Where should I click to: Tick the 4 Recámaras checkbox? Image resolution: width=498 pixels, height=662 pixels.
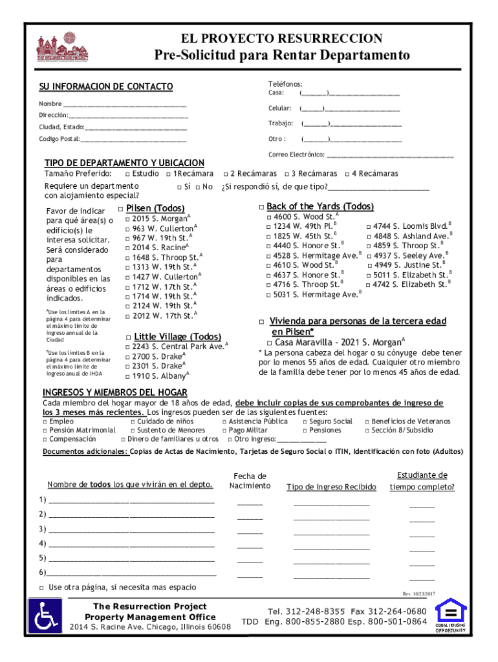347,174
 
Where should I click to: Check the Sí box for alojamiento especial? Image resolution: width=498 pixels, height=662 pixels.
179,187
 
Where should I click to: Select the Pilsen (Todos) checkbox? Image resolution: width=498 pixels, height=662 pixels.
121,208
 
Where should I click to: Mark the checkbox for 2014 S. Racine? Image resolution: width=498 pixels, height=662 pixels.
127,248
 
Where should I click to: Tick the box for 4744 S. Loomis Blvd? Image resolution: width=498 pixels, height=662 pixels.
369,226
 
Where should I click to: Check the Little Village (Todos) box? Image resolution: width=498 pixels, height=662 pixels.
129,337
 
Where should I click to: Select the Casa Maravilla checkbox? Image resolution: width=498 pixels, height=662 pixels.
270,342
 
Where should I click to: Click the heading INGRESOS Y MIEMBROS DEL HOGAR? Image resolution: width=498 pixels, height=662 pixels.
114,392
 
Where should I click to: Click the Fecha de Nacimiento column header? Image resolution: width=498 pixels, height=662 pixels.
250,481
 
